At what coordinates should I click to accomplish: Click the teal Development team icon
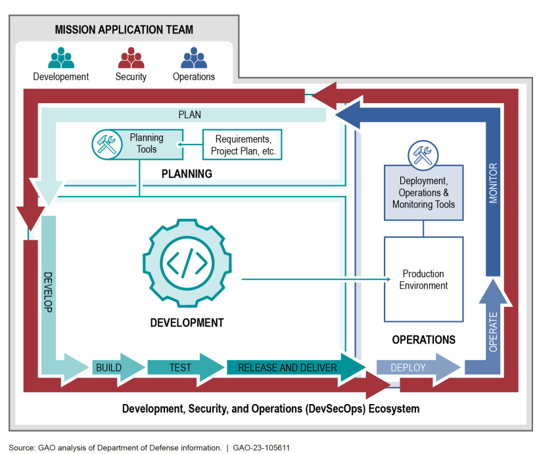[61, 58]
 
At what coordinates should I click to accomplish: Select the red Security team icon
[131, 58]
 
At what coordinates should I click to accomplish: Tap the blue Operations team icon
[194, 58]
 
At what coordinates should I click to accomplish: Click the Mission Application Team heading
[124, 30]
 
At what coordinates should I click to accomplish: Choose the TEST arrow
[185, 368]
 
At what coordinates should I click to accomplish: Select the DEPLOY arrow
[419, 368]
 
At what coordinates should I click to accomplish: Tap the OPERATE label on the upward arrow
[493, 332]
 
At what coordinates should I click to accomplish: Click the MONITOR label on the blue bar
[493, 183]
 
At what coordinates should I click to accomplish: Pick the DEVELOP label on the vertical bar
[48, 292]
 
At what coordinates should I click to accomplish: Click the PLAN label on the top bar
[190, 115]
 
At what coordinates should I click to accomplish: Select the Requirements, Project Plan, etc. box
[242, 145]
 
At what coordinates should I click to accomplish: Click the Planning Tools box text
[147, 143]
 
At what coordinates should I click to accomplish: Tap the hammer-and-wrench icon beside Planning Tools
[107, 144]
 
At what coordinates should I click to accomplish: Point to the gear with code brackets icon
[187, 263]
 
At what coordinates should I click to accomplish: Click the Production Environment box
[424, 279]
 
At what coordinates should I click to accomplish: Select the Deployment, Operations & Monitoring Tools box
[424, 193]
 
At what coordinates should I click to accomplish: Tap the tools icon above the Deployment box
[423, 155]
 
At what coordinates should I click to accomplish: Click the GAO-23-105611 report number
[262, 448]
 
